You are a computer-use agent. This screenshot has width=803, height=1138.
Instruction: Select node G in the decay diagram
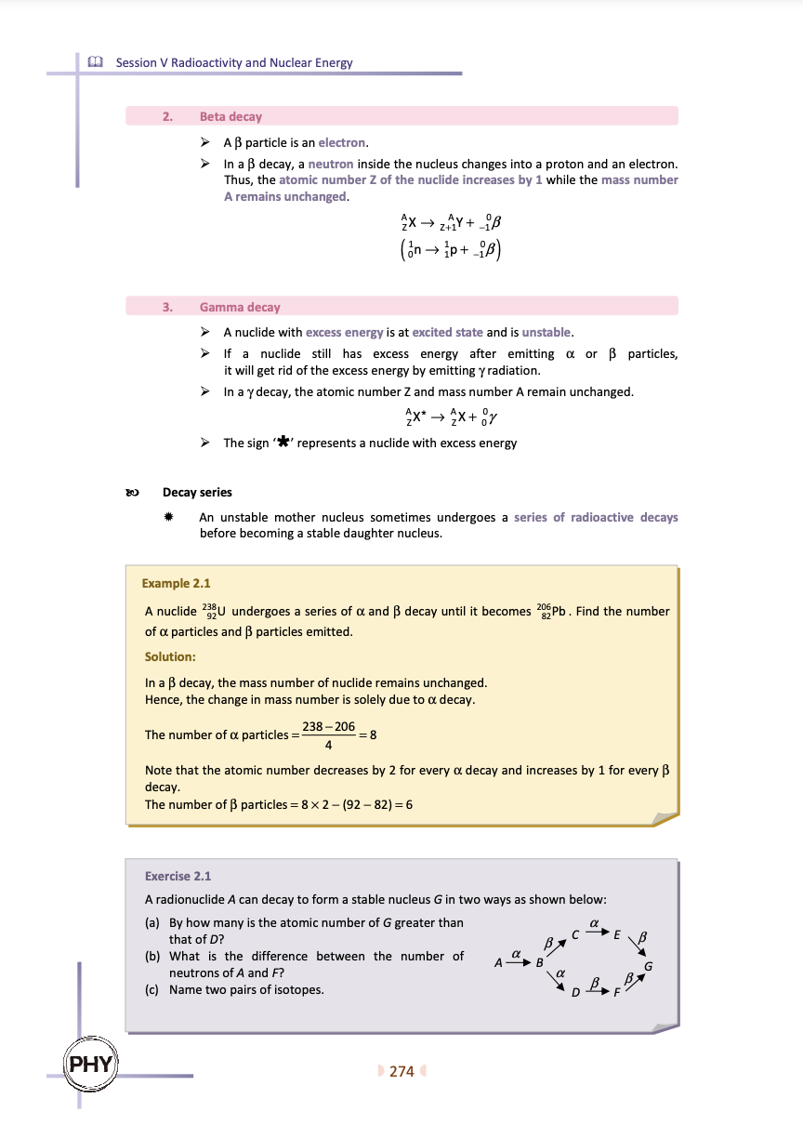(x=649, y=966)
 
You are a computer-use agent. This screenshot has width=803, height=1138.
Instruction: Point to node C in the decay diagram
(x=576, y=934)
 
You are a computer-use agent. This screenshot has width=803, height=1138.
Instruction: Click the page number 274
(x=401, y=1071)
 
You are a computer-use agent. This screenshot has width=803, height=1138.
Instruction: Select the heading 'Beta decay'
(x=230, y=116)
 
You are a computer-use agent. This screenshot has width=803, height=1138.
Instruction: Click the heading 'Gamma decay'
(x=239, y=307)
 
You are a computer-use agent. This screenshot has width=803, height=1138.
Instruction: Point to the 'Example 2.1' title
(x=177, y=583)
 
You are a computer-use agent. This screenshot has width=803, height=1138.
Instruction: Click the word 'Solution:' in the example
(x=170, y=656)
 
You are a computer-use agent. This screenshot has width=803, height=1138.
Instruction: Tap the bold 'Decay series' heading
(x=197, y=492)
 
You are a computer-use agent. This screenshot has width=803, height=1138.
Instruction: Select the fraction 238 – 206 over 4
(x=328, y=734)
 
